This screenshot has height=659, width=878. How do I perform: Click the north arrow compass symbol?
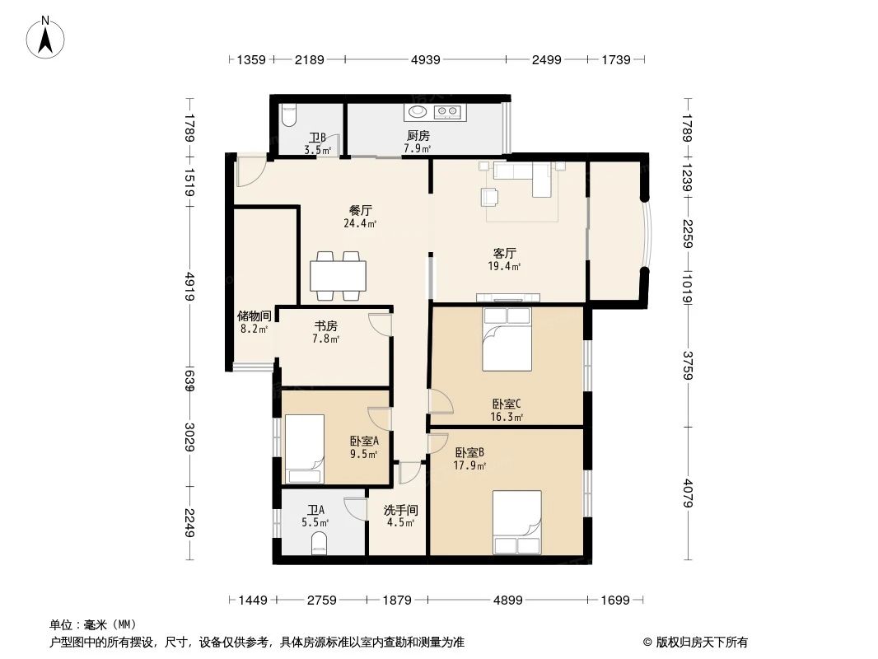[47, 36]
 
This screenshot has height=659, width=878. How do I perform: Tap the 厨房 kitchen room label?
[417, 142]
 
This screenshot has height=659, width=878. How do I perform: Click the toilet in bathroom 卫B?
[287, 115]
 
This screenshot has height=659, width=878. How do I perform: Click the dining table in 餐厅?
[338, 275]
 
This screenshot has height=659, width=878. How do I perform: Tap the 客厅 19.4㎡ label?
[505, 259]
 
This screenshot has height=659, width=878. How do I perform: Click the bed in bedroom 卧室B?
[516, 522]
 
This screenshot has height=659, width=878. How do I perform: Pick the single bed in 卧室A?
[305, 449]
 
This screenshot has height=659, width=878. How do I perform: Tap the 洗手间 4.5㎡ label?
[399, 516]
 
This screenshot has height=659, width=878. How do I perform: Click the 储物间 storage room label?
[254, 321]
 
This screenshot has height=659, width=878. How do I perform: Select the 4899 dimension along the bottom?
[508, 601]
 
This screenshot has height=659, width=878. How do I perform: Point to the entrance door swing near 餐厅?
[248, 171]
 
